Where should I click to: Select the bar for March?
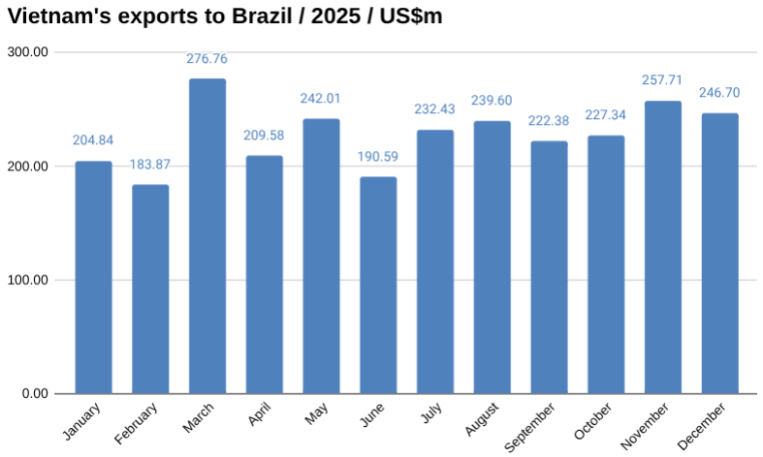(207, 236)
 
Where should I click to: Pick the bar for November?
(663, 247)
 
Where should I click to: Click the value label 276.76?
(207, 59)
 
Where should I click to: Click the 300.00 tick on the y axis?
(27, 52)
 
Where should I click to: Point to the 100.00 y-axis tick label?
(27, 281)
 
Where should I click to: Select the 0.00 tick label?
(33, 394)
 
